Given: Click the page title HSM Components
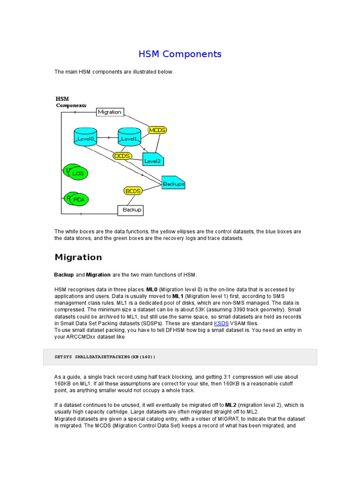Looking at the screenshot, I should coord(180,54).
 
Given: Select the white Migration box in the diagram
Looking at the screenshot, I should coord(110,112).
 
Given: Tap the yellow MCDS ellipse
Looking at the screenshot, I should coord(157,130).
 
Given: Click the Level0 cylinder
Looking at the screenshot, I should coord(85,137).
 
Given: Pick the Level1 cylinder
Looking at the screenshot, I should coord(129,137).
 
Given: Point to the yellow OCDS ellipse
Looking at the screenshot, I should coord(122,156).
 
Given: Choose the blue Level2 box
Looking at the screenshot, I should coord(152,160).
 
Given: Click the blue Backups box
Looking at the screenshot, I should coord(173,183).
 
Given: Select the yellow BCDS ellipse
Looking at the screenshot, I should coord(133,191).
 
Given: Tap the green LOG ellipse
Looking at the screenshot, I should coord(78,174).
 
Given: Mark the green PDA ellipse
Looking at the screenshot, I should coord(78,200).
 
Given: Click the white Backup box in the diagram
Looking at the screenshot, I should coord(130,210).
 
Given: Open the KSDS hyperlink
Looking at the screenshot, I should coord(221,323).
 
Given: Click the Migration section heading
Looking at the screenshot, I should coord(78,257).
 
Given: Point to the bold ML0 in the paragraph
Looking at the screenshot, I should coord(152,290).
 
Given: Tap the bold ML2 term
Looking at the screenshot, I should coord(231,405).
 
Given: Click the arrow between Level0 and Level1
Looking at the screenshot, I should coord(108,138).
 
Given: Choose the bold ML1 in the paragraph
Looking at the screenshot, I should coord(178,296).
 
